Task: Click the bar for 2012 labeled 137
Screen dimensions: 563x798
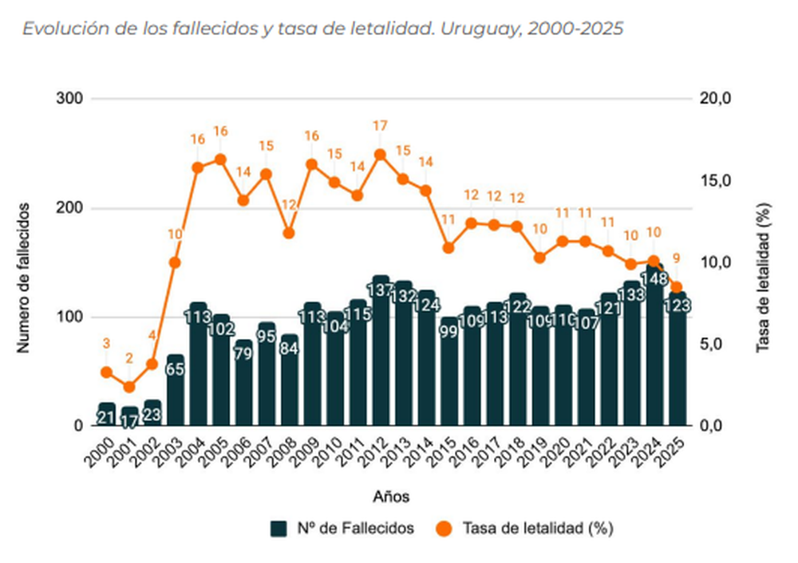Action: tap(381, 351)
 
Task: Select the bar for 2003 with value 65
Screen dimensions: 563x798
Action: tap(176, 391)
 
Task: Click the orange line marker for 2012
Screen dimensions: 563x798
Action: tap(381, 155)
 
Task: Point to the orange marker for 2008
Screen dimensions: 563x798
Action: tap(289, 234)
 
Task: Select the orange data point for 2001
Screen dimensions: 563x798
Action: tap(129, 387)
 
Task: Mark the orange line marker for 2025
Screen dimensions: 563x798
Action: tap(677, 287)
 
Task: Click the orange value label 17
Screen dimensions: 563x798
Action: tap(381, 126)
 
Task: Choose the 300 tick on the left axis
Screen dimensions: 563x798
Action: tap(71, 99)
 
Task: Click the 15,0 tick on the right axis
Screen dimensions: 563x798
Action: tap(716, 181)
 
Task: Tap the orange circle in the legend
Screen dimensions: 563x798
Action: tap(444, 528)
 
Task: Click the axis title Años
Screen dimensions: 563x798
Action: tap(391, 497)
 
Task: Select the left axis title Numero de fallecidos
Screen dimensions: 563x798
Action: tap(25, 278)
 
